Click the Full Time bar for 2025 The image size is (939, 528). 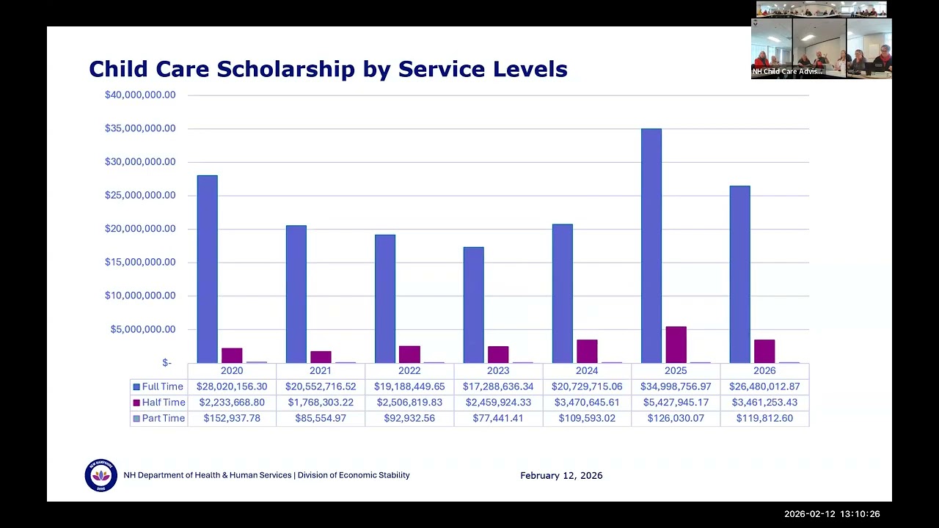coord(651,246)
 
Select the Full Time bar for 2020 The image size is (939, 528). coord(208,269)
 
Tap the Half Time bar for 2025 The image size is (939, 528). coord(676,345)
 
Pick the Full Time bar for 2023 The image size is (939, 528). coord(474,305)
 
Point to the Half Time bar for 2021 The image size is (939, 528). coord(321,357)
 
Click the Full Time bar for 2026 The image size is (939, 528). coord(740,274)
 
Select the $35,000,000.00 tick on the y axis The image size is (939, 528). coord(140,128)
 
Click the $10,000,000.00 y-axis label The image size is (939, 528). coord(140,296)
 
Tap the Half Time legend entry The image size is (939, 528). coord(159,403)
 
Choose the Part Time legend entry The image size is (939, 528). coord(159,418)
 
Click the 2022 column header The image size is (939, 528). coord(409,370)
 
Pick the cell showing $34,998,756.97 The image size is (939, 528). coord(676,386)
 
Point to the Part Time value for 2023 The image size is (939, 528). coord(498,418)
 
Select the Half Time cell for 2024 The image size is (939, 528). coord(587,403)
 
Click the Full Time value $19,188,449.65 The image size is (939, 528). coord(409,386)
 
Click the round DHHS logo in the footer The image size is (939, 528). coord(101,475)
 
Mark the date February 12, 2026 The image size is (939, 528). coord(561,476)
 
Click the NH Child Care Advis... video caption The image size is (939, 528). coord(787,71)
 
